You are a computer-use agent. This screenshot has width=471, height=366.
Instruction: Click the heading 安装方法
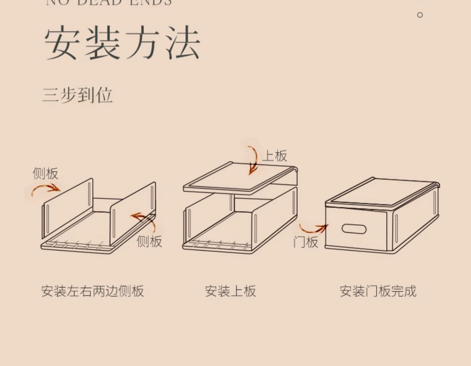tap(122, 43)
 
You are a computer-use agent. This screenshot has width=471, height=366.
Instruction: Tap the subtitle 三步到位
tap(77, 95)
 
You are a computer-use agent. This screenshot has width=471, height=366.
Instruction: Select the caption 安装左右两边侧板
tap(93, 291)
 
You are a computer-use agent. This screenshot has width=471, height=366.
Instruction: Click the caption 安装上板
tap(230, 291)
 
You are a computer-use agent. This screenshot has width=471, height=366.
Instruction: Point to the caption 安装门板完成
tap(378, 291)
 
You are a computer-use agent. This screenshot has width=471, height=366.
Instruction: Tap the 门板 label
tap(306, 242)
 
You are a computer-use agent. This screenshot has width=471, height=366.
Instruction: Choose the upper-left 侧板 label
tap(46, 173)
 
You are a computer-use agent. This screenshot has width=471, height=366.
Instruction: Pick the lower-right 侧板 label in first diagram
tap(149, 241)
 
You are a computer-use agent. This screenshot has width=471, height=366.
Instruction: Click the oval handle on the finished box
tap(354, 229)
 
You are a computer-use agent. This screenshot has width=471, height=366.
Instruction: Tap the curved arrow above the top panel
tap(252, 159)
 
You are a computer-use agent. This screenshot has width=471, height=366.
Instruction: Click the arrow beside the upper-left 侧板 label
tap(46, 189)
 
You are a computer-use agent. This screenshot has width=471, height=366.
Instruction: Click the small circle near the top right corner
tap(420, 15)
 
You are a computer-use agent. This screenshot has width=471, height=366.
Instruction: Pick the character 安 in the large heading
tap(62, 43)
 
